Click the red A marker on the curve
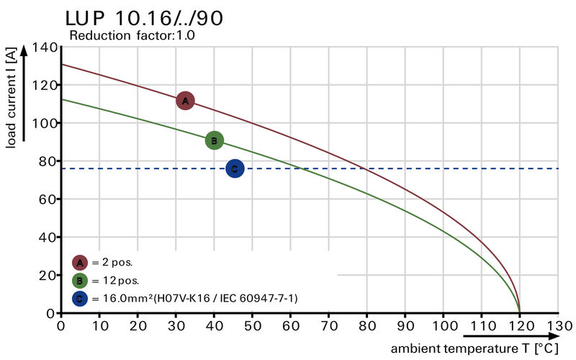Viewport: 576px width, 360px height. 185,101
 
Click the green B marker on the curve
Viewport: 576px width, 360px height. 214,140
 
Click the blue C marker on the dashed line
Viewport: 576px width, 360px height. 235,168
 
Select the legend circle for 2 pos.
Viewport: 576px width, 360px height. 80,263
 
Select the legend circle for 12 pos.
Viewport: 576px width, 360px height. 80,280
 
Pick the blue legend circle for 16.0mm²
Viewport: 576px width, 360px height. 80,297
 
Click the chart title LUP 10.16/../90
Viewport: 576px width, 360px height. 144,18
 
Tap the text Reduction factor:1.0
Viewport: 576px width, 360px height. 132,35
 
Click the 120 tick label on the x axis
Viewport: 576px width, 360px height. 519,325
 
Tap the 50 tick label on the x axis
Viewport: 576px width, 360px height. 252,325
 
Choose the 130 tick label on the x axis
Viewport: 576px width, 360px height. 557,325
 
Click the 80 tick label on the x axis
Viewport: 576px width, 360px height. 366,325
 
